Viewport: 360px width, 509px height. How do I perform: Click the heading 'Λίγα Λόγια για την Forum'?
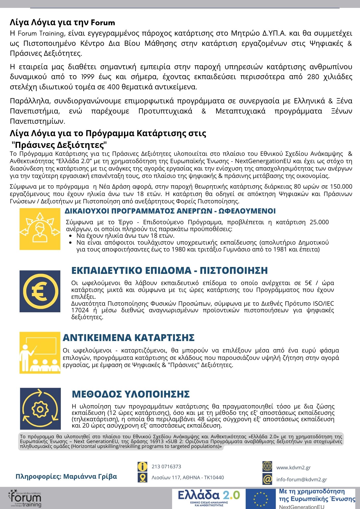coord(62,23)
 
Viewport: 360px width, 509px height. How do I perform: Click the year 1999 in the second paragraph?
coord(88,77)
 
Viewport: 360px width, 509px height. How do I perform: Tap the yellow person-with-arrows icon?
coord(40,229)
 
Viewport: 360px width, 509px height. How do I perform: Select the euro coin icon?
coord(40,291)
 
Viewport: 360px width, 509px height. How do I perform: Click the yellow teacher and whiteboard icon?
coord(40,353)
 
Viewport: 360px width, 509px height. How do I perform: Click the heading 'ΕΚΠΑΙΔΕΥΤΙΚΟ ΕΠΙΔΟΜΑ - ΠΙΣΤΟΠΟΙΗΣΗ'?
coord(170,271)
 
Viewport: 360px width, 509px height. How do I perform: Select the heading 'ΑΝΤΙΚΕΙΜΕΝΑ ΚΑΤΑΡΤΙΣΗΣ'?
coord(129,338)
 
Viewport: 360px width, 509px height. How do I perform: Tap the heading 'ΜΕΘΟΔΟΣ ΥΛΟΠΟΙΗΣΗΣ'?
coord(131,394)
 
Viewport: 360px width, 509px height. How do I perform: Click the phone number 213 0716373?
coord(166,466)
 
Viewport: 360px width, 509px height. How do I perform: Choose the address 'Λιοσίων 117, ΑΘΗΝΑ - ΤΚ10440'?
coord(188,477)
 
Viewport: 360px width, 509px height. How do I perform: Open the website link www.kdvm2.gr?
coord(293,468)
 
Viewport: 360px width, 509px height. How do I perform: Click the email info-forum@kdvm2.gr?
coord(301,479)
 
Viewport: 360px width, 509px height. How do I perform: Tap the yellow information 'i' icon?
coord(142,466)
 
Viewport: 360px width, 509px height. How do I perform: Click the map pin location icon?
coord(142,477)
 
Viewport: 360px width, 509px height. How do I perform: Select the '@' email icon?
coord(267,479)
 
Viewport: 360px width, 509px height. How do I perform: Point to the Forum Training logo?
coord(25,498)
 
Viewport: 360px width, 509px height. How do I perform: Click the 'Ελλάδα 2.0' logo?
coord(209,497)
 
